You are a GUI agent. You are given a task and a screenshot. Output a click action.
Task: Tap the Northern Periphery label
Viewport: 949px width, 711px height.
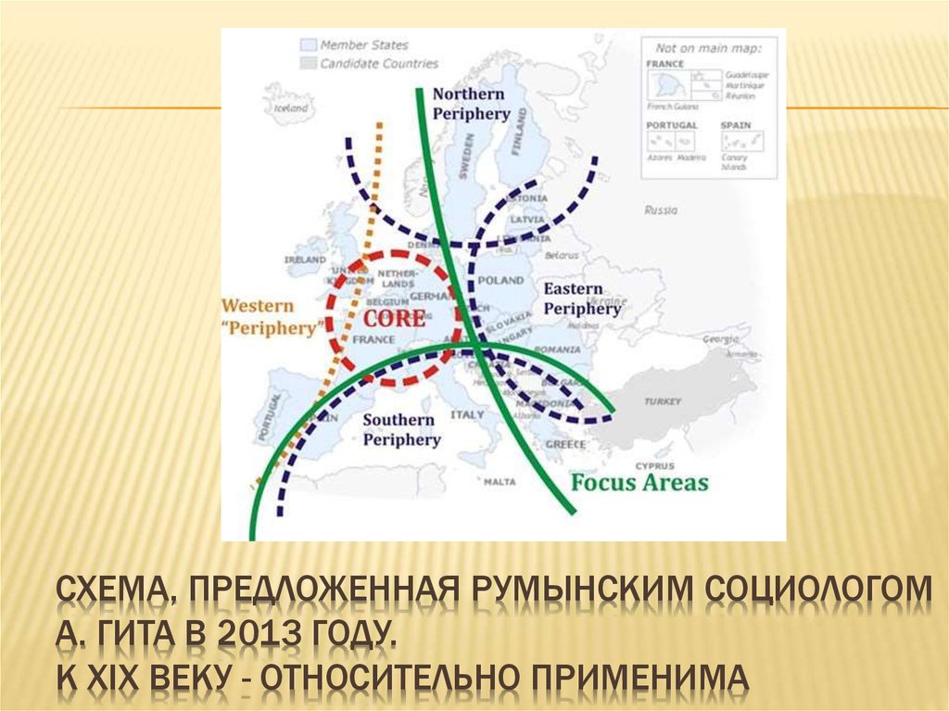(471, 104)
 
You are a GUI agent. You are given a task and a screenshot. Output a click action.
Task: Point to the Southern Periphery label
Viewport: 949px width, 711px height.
(400, 430)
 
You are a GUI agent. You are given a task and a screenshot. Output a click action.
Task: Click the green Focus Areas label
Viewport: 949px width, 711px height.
(639, 483)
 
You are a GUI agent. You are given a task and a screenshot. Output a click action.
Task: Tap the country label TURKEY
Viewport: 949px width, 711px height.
(664, 401)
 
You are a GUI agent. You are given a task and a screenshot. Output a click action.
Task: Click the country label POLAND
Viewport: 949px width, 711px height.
(501, 279)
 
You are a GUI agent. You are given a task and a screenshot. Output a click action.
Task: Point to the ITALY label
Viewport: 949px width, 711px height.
(467, 415)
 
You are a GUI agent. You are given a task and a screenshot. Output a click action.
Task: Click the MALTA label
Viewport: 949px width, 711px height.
(500, 482)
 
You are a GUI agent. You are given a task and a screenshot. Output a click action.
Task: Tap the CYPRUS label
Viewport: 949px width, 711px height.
(654, 465)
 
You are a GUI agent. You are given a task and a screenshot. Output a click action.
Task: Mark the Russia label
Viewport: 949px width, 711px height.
(661, 210)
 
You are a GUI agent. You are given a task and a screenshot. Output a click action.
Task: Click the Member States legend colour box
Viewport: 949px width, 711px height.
(308, 45)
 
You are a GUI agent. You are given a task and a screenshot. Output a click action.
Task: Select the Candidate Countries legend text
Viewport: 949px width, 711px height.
(379, 64)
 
